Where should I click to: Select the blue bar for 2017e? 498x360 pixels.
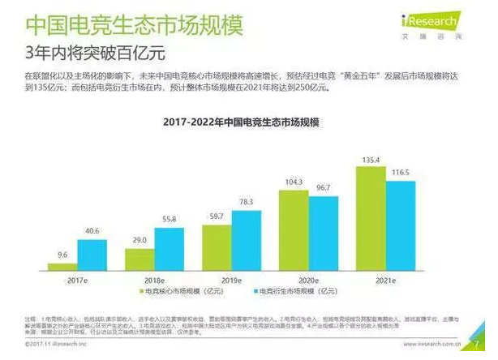(92, 255)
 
